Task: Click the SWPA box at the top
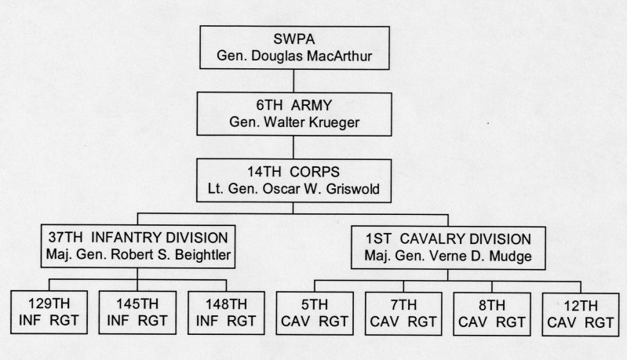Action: pos(295,48)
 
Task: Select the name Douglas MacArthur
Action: pos(312,56)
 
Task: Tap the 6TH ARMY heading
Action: pos(294,105)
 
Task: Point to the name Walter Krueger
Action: pos(312,122)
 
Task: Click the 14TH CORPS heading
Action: pos(293,172)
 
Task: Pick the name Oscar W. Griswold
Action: pos(321,188)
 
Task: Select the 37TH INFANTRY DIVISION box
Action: pos(138,246)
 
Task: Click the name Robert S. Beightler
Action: pos(171,255)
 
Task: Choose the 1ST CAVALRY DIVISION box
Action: pos(448,248)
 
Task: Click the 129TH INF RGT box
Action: pos(49,312)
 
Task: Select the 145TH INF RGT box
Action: pos(137,312)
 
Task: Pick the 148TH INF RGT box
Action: pos(226,313)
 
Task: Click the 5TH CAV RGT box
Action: pos(315,313)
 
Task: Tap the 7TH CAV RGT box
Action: pos(403,314)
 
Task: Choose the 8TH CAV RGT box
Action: pos(492,314)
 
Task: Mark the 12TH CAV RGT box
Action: pos(581,315)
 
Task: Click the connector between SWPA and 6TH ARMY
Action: pos(294,81)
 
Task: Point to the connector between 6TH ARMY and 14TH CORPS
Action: pos(293,147)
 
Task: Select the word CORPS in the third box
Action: pos(315,172)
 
